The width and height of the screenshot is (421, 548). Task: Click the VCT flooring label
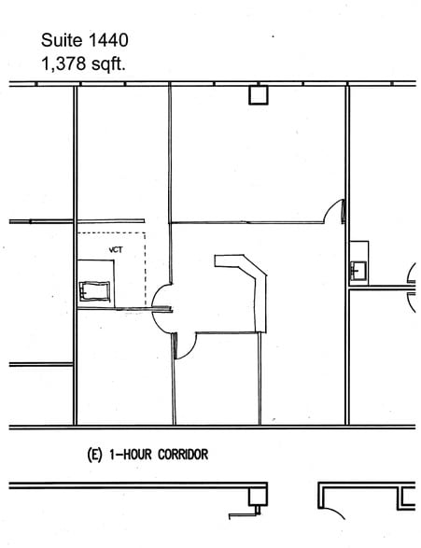tap(116, 249)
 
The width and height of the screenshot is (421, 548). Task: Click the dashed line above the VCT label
tap(112, 232)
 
